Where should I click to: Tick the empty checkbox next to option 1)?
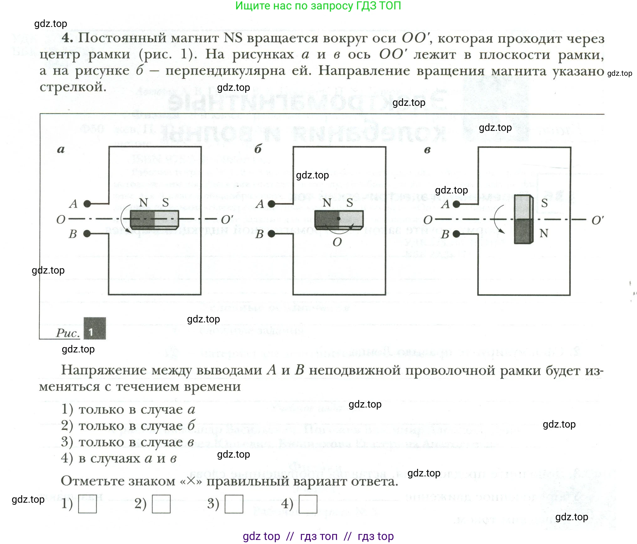[x=87, y=504]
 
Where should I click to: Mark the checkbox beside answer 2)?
[x=161, y=504]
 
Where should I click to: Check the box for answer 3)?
[x=234, y=504]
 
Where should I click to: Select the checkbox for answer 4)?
[x=308, y=504]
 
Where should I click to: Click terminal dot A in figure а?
[x=87, y=204]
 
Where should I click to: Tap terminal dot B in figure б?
[x=272, y=234]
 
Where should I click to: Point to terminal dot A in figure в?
[x=457, y=204]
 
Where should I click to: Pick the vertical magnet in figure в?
[x=524, y=219]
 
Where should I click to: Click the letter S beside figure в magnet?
[x=544, y=203]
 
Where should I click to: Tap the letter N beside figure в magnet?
[x=544, y=233]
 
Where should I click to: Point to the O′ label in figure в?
[x=597, y=220]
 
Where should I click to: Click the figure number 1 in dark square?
[x=95, y=328]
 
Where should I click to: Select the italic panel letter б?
[x=258, y=149]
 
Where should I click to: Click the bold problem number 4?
[x=67, y=38]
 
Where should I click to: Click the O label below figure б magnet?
[x=337, y=242]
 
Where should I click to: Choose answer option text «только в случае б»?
[x=137, y=425]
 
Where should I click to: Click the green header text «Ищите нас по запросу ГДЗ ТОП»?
[x=318, y=6]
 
